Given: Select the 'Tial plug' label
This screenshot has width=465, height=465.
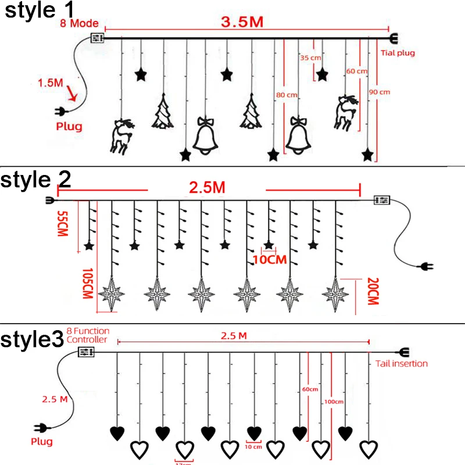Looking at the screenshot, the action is [x=398, y=53].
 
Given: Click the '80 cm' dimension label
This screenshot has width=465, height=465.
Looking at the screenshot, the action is [x=287, y=94].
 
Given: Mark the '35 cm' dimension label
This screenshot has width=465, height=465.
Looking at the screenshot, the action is [x=310, y=58].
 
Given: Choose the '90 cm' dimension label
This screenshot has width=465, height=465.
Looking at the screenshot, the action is [x=380, y=92].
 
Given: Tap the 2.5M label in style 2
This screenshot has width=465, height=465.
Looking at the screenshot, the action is [x=207, y=188].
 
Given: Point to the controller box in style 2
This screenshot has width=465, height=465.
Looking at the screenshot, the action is [x=382, y=199].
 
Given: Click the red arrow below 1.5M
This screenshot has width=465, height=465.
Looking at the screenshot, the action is [x=72, y=93].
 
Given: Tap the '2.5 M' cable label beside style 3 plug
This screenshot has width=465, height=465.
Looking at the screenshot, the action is [x=55, y=399].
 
